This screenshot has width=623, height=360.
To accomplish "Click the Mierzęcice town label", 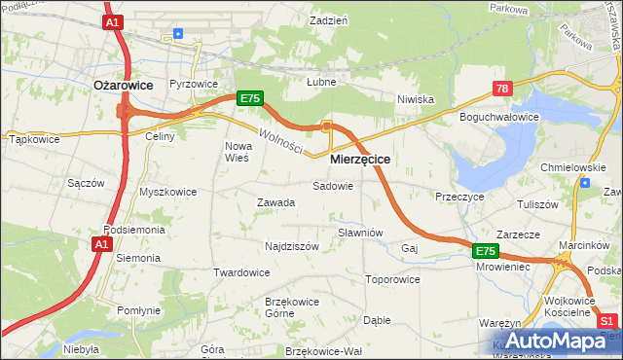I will [x=360, y=159].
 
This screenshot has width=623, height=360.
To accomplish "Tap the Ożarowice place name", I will [x=123, y=86].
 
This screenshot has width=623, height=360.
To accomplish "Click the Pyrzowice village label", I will [x=193, y=85].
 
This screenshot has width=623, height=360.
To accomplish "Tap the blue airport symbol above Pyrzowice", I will [x=177, y=34].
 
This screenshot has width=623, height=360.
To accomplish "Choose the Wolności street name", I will [x=280, y=141].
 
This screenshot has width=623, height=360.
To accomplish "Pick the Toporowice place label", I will [x=392, y=279].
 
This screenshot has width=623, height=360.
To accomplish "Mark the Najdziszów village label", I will [x=292, y=247].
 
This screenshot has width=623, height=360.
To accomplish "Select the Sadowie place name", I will [x=332, y=186].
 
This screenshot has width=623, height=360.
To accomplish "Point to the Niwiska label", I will [x=415, y=99].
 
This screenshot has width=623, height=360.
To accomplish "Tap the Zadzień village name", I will [x=329, y=20].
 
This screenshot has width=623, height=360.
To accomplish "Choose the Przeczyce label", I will [x=460, y=196].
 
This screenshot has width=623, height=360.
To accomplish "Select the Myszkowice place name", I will [x=167, y=192].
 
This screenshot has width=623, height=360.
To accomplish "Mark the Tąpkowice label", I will [x=34, y=139].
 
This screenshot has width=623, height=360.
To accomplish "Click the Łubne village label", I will [x=321, y=82].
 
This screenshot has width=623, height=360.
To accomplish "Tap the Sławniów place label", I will [x=360, y=233].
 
